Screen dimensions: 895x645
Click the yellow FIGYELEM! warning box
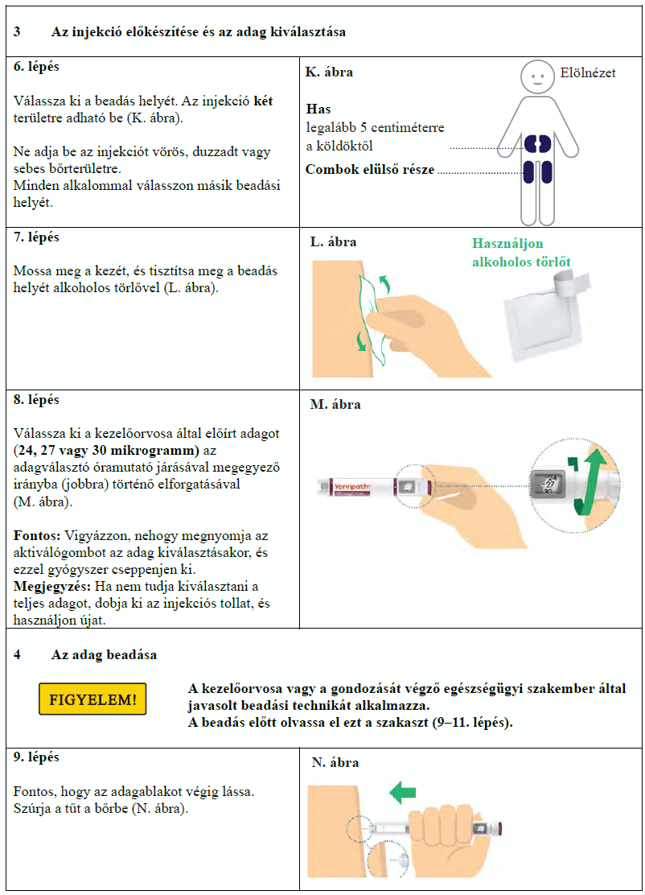[92, 699]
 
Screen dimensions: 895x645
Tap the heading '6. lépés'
[36, 67]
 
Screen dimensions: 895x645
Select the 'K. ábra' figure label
[329, 72]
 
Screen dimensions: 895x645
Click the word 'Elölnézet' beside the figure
[588, 73]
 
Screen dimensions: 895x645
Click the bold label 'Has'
[318, 109]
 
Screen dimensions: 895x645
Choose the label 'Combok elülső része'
[370, 170]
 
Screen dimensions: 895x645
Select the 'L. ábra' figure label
[334, 241]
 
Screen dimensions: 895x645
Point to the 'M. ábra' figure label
[335, 404]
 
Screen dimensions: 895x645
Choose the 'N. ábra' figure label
[335, 762]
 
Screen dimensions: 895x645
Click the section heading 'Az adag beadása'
[104, 654]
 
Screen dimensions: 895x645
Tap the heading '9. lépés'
[36, 757]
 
